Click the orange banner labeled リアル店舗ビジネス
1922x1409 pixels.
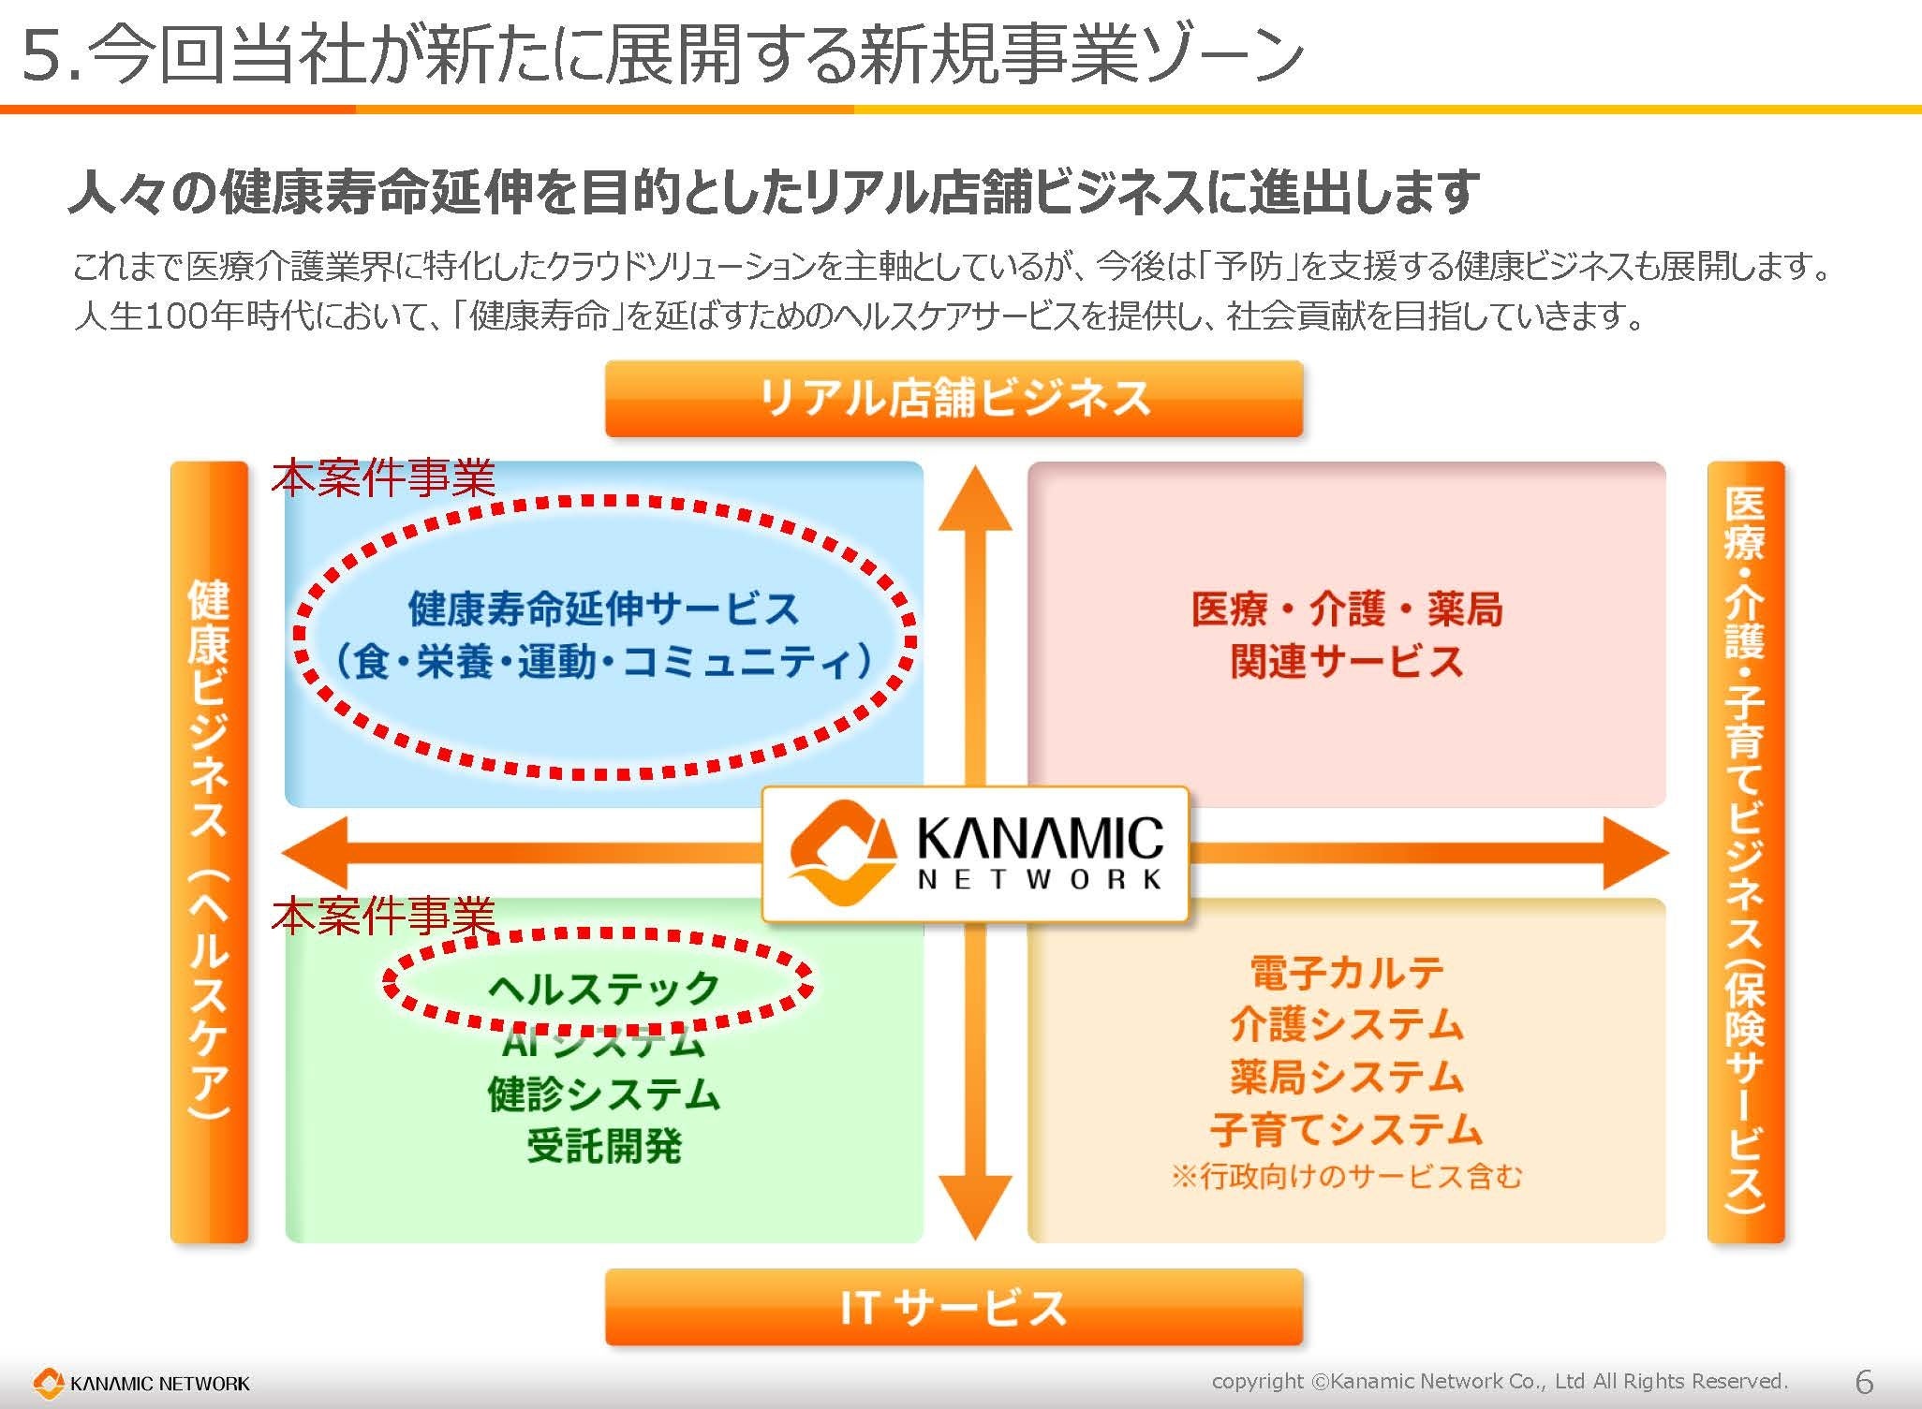click(x=954, y=399)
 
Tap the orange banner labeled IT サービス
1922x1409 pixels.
click(x=954, y=1307)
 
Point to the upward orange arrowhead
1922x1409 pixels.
click(x=975, y=501)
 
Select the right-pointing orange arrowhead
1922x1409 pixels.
click(x=1634, y=852)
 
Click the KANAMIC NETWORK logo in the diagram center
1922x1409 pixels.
click(x=975, y=853)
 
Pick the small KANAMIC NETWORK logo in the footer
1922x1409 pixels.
click(x=141, y=1383)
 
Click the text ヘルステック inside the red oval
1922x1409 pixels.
click(x=603, y=987)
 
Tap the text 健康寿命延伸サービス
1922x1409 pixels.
click(x=603, y=609)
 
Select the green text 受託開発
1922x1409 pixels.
click(x=603, y=1145)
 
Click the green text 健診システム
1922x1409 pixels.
click(x=603, y=1093)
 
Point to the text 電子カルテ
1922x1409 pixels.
click(x=1346, y=972)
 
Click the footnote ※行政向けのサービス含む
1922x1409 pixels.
click(x=1346, y=1176)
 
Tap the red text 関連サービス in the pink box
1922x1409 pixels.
click(x=1346, y=661)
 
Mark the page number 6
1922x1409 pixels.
click(x=1864, y=1381)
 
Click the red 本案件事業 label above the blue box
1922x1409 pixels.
click(x=383, y=478)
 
